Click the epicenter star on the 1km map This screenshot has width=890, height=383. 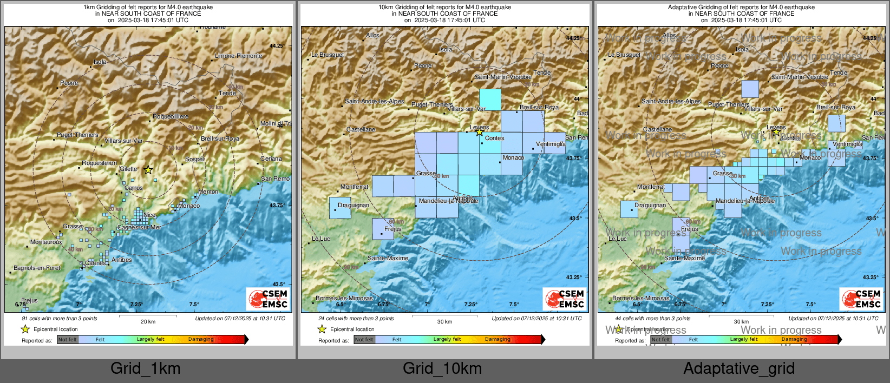click(x=148, y=170)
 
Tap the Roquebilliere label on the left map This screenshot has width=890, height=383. click(x=171, y=116)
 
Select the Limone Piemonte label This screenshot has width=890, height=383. click(x=238, y=56)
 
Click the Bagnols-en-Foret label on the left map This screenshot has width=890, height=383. click(x=37, y=268)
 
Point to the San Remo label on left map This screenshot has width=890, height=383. click(x=275, y=179)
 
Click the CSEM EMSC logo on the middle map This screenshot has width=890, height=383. click(x=565, y=299)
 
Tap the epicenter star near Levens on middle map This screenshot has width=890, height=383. click(x=479, y=132)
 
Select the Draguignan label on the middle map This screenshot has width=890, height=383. click(x=353, y=205)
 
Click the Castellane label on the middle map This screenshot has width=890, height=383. click(x=361, y=129)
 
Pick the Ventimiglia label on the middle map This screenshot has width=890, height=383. click(x=551, y=144)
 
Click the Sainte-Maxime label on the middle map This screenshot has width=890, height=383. click(x=388, y=258)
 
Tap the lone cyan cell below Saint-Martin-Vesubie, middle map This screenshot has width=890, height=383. click(x=490, y=100)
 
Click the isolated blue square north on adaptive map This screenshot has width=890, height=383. click(x=750, y=89)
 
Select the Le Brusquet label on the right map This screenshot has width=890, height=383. click(x=624, y=55)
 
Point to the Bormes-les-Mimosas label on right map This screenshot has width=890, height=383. click(x=640, y=298)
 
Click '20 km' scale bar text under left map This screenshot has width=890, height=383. click(x=148, y=322)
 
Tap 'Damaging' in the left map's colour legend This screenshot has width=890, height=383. click(x=201, y=339)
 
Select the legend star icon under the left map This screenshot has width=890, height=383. click(x=25, y=329)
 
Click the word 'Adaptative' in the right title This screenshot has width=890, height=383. click(x=683, y=7)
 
